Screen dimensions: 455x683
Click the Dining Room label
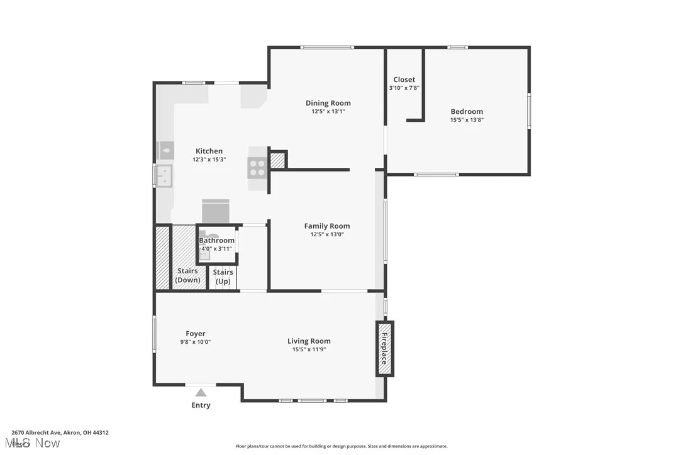click(328, 103)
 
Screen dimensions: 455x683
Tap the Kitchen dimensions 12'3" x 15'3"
click(209, 160)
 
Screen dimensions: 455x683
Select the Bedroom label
click(466, 111)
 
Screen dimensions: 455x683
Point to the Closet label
click(404, 80)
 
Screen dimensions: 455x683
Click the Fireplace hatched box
click(384, 349)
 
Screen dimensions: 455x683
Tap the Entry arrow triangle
click(201, 393)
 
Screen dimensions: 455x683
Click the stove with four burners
click(258, 167)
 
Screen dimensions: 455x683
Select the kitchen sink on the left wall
click(164, 175)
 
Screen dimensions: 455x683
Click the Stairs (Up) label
click(223, 277)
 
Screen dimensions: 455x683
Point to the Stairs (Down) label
click(187, 275)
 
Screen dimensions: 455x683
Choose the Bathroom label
click(216, 240)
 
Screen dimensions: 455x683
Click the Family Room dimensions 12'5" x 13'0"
click(327, 234)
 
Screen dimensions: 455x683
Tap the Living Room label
click(309, 341)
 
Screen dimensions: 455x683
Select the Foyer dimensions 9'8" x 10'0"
click(196, 342)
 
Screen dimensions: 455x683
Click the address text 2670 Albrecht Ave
click(60, 432)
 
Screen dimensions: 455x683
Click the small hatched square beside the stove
click(277, 160)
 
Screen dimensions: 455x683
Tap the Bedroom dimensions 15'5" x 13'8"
click(466, 119)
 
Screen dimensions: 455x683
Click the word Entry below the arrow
click(201, 405)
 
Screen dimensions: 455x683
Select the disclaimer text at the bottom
click(341, 446)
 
